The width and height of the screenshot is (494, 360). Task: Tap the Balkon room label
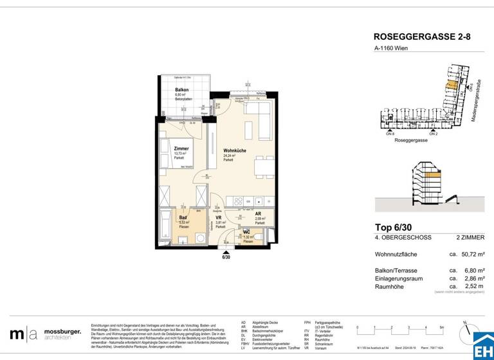181,90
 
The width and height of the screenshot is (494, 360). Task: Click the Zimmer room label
181,149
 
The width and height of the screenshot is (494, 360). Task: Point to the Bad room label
183,217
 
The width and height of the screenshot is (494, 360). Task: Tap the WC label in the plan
247,232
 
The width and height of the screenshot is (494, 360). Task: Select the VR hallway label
219,218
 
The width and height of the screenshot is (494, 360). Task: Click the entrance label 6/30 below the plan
226,258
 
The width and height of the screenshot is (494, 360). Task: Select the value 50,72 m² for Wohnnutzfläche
468,254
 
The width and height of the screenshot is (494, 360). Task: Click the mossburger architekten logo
46,334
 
